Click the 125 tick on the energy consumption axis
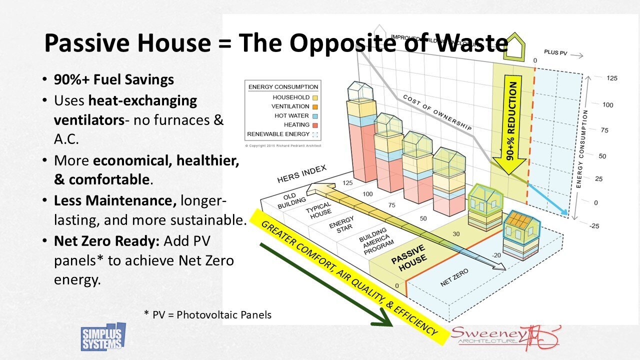point(597,78)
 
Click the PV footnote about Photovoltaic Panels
point(207,314)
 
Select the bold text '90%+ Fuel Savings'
point(114,79)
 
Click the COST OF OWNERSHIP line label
point(437,112)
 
